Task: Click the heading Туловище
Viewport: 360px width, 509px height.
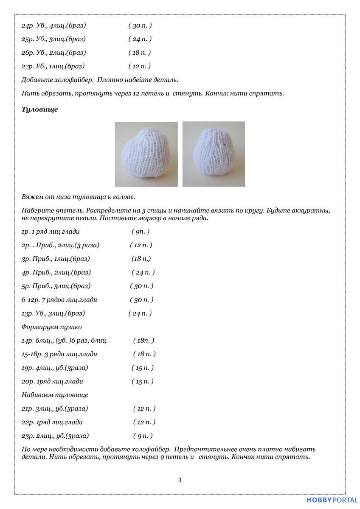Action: point(39,109)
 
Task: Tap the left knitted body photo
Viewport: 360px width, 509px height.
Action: point(146,154)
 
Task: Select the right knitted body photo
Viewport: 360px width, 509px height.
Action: point(214,154)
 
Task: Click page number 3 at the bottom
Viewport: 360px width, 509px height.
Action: point(180,480)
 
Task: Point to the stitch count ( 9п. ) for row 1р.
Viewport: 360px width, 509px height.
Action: point(140,232)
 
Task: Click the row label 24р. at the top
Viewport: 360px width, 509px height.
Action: point(27,25)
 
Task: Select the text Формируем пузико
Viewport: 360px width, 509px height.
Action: point(51,327)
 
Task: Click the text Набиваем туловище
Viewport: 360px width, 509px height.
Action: point(55,395)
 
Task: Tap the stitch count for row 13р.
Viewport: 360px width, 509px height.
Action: point(140,313)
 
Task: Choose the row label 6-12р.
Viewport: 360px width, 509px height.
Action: point(30,300)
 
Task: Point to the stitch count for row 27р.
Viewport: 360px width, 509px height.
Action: point(139,66)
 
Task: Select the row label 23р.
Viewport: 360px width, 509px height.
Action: point(27,436)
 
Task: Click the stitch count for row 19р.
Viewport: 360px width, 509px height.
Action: point(142,368)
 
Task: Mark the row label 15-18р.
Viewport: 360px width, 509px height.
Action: point(31,354)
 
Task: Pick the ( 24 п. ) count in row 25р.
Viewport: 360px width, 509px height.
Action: point(140,39)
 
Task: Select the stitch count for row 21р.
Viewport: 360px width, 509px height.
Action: point(144,408)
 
